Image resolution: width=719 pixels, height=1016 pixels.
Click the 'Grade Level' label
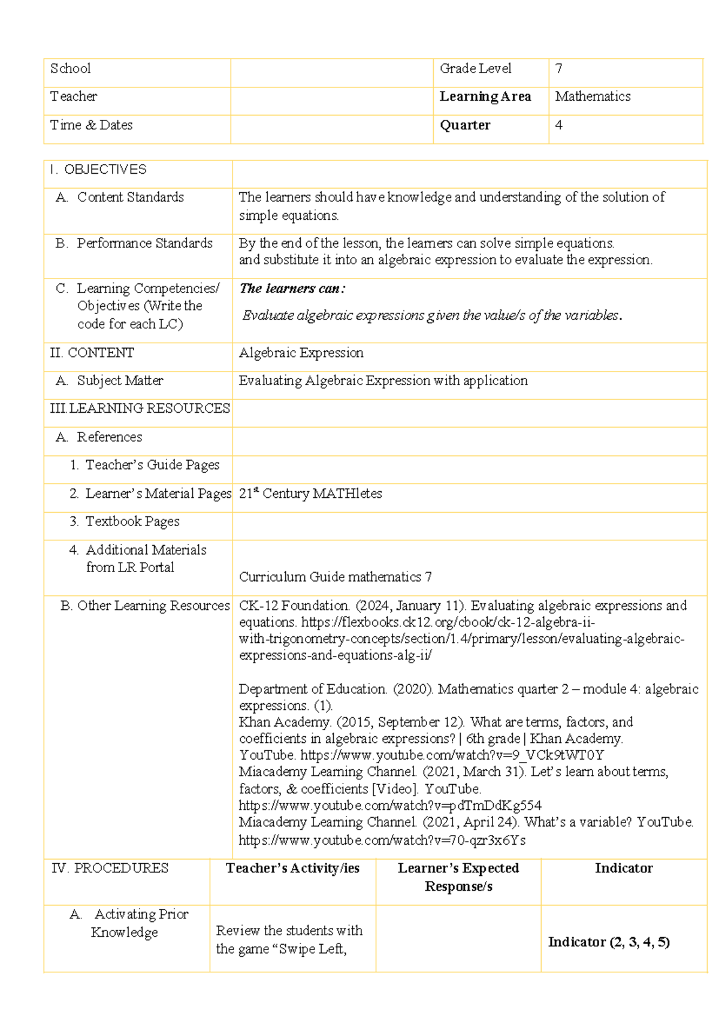[x=475, y=69]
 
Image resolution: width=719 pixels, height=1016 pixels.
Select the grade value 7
[x=558, y=69]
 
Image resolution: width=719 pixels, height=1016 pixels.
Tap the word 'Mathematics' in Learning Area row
[x=592, y=96]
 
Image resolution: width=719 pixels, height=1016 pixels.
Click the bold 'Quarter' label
[x=465, y=125]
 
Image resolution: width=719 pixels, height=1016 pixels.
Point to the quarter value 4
[x=558, y=125]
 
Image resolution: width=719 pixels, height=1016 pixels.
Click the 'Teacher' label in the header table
[x=73, y=96]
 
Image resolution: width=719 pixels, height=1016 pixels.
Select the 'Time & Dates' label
[x=91, y=125]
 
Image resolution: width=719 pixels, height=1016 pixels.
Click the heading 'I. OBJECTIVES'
[x=98, y=170]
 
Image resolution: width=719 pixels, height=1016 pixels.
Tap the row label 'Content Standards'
[x=130, y=197]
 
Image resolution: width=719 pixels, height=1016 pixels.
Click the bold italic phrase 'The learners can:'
[x=292, y=289]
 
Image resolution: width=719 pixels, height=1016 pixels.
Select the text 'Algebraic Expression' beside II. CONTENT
[x=301, y=353]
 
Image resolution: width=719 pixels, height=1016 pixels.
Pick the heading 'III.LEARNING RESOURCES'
[x=140, y=409]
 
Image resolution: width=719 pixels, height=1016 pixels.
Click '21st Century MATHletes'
[x=310, y=494]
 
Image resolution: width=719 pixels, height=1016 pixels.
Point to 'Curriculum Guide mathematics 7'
[x=335, y=577]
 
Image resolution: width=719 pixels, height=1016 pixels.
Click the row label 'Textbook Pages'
[x=132, y=522]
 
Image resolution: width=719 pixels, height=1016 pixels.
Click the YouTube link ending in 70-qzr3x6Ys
[x=382, y=840]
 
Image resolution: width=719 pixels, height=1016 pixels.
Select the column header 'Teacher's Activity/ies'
[x=292, y=869]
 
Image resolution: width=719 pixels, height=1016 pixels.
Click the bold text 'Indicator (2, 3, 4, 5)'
[x=608, y=942]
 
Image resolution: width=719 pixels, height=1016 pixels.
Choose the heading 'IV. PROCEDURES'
[x=110, y=869]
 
